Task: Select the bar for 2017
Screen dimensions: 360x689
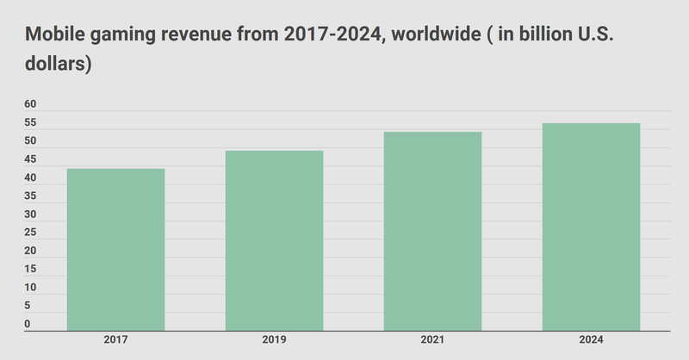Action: click(115, 250)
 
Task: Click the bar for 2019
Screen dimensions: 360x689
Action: click(274, 241)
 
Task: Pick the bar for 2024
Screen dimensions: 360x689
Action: click(591, 227)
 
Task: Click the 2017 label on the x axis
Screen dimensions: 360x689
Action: click(115, 342)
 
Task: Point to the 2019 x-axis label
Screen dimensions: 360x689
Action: click(274, 342)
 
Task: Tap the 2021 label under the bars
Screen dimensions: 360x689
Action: click(432, 342)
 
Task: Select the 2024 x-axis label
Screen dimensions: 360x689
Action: click(591, 342)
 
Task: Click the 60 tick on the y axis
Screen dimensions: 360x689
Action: click(30, 104)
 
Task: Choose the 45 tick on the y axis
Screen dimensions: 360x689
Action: click(30, 159)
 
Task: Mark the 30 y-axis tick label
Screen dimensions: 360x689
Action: click(30, 214)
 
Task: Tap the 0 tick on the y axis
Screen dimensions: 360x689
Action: click(28, 325)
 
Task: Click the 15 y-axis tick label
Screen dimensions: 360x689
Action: click(30, 270)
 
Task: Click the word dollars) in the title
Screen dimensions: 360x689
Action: click(59, 64)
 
